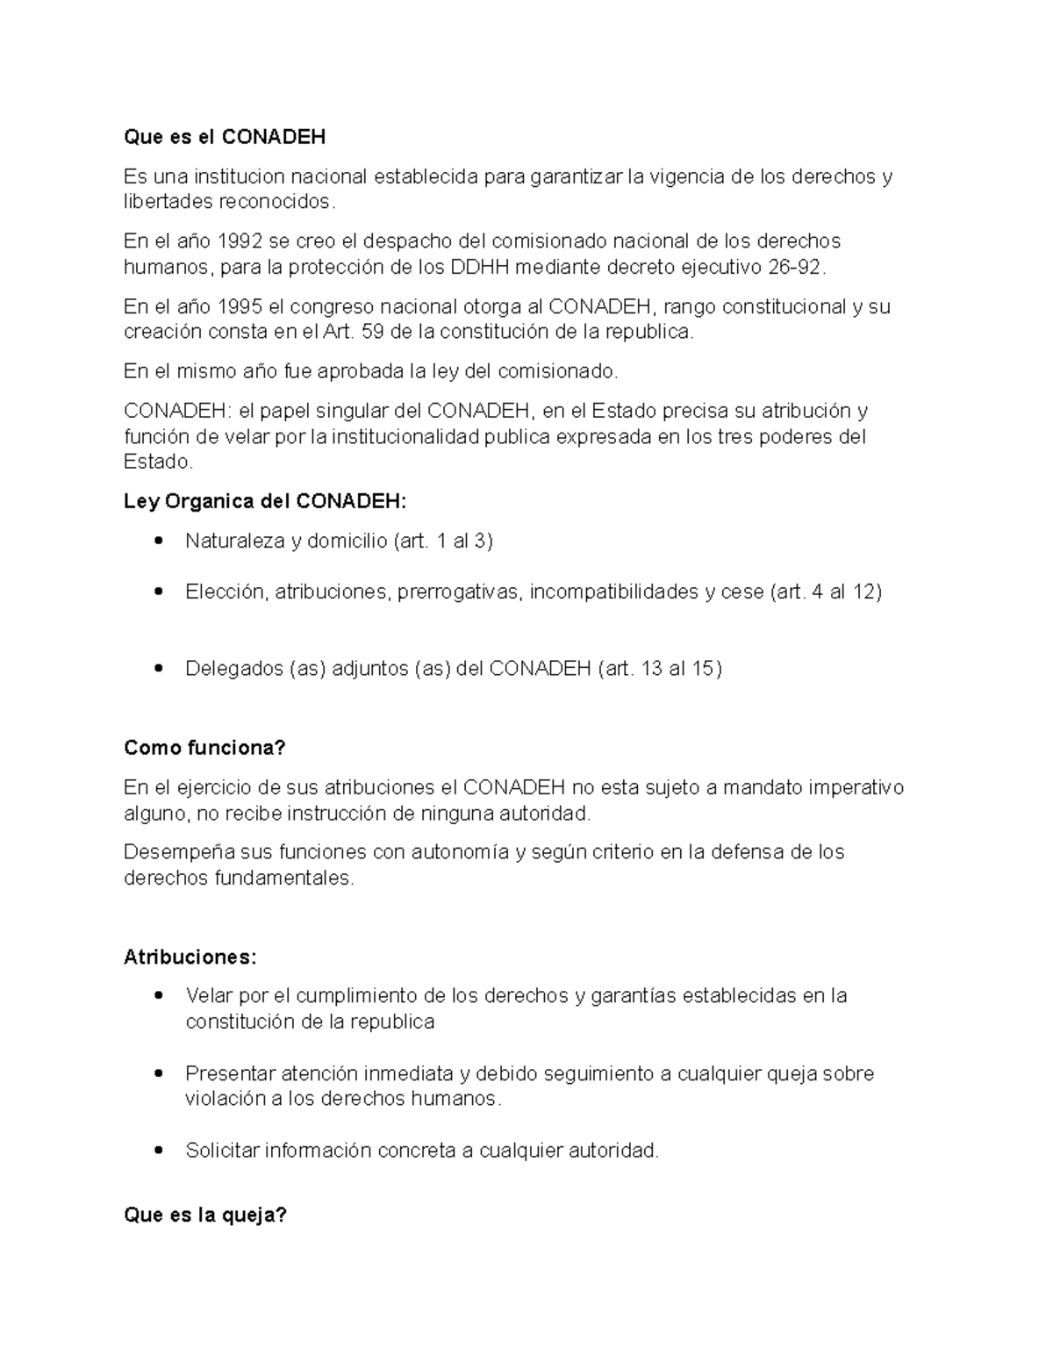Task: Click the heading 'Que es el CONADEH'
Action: (225, 137)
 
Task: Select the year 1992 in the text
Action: (240, 241)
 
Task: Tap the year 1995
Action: (240, 307)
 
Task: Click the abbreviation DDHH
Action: (480, 267)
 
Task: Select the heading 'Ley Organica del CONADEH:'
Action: (265, 502)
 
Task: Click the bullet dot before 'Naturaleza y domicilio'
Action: (159, 541)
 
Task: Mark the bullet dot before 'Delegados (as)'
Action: (159, 669)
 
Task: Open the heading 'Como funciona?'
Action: (205, 749)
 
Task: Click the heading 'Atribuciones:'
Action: (190, 958)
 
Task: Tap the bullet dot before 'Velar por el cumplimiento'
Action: (159, 996)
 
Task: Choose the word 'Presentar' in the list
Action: (230, 1073)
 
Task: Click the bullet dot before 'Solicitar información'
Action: (159, 1151)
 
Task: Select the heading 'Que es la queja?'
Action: (205, 1216)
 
